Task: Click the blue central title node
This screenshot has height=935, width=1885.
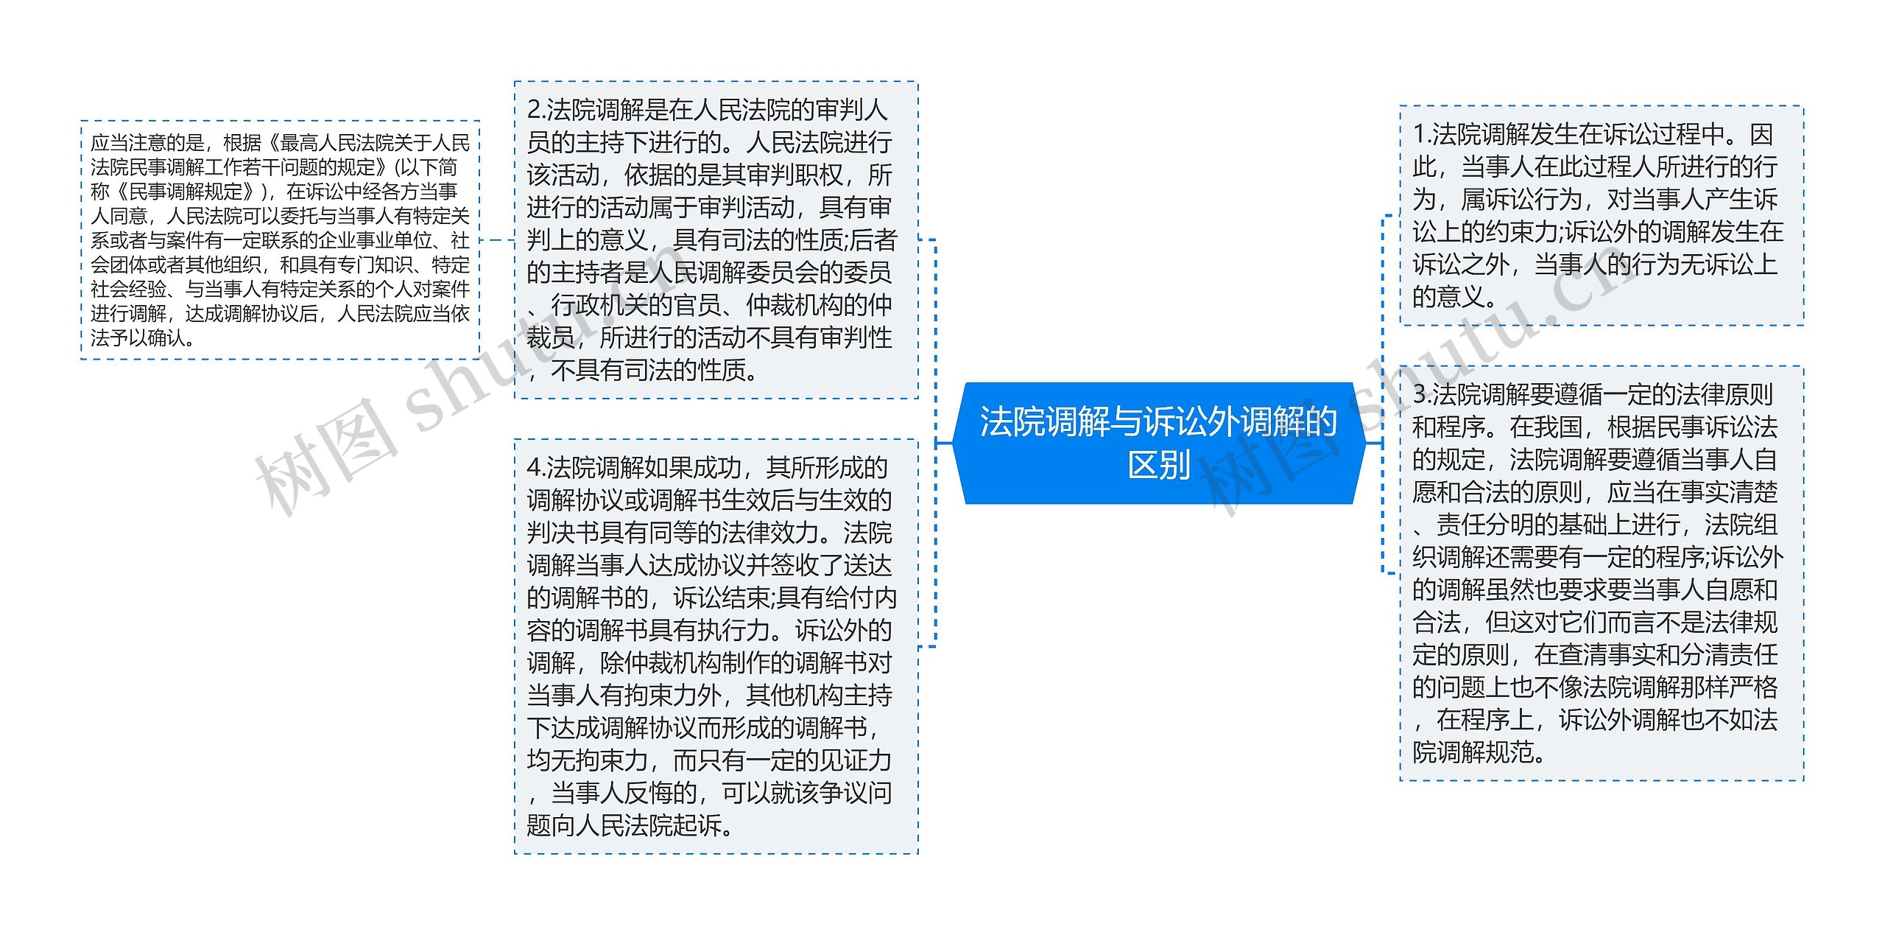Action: (1158, 442)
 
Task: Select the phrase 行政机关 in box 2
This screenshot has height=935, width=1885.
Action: (599, 305)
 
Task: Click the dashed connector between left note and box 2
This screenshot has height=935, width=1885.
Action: (497, 240)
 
